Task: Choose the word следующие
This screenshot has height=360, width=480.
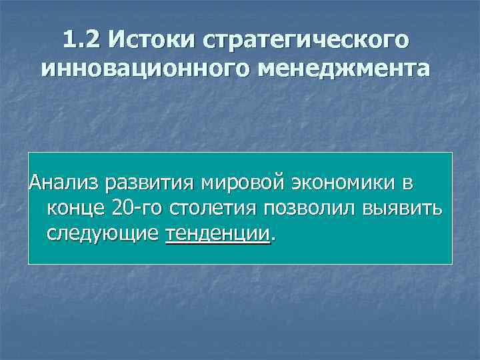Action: click(103, 234)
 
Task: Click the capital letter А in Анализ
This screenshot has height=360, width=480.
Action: click(34, 183)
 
